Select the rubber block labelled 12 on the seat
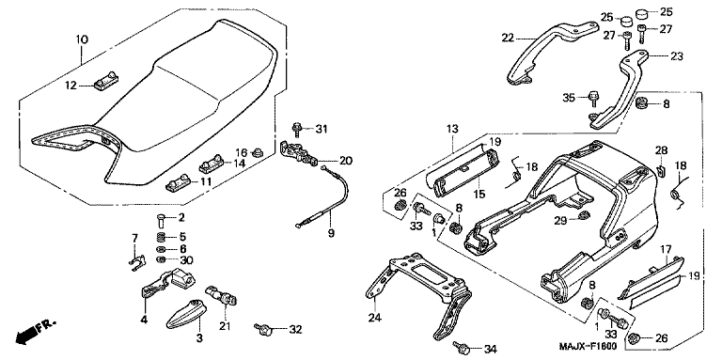tap(106, 84)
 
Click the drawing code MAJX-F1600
tap(589, 346)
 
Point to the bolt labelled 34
tap(461, 346)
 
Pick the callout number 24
tap(373, 317)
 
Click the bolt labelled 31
tap(297, 130)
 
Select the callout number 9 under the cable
tap(331, 233)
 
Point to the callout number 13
tap(452, 129)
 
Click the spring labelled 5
tap(161, 238)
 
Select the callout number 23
tap(677, 56)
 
